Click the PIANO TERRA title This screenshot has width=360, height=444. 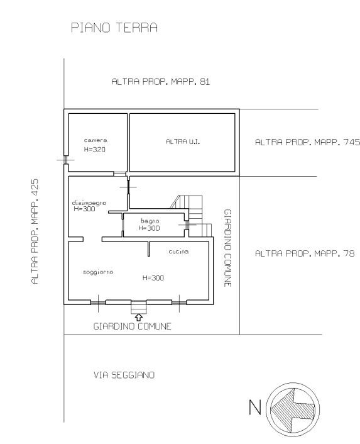[114, 28]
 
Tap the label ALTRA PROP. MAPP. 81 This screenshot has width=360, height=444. [161, 82]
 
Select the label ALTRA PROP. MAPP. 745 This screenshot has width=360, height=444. [307, 142]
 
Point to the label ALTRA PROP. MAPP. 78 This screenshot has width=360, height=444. [305, 253]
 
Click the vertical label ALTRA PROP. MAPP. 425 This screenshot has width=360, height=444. [35, 231]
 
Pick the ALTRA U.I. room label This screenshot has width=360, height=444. [183, 142]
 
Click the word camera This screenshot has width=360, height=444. [95, 140]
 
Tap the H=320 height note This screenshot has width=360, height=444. [95, 150]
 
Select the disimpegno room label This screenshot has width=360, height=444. [89, 203]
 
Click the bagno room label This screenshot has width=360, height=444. [150, 221]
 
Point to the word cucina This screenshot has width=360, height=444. [178, 252]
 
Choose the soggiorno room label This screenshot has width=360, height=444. [98, 272]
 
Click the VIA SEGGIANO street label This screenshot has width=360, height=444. [124, 375]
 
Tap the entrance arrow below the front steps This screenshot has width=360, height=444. [139, 317]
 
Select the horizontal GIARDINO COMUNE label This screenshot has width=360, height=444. [133, 326]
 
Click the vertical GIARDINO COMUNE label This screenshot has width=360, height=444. [227, 248]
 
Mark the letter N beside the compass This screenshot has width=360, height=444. [255, 407]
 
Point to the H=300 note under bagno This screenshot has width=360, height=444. [149, 228]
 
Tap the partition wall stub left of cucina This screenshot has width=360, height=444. [149, 249]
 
